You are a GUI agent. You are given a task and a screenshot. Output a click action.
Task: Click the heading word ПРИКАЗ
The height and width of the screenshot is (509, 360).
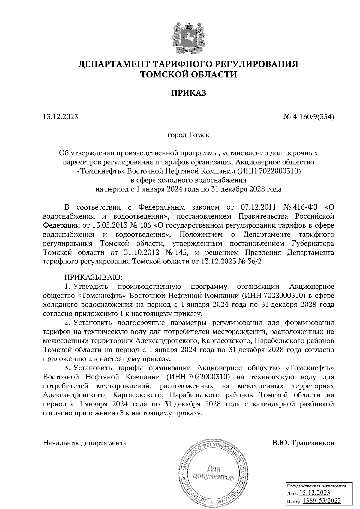point(189,93)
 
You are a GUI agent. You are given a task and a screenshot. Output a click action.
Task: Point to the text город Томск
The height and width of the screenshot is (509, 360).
point(188,135)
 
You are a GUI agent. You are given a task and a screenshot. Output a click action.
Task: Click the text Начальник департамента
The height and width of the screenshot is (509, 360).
point(85,443)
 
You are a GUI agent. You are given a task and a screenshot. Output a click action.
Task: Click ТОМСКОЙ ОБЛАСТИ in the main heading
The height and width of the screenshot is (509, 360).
point(189,74)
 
